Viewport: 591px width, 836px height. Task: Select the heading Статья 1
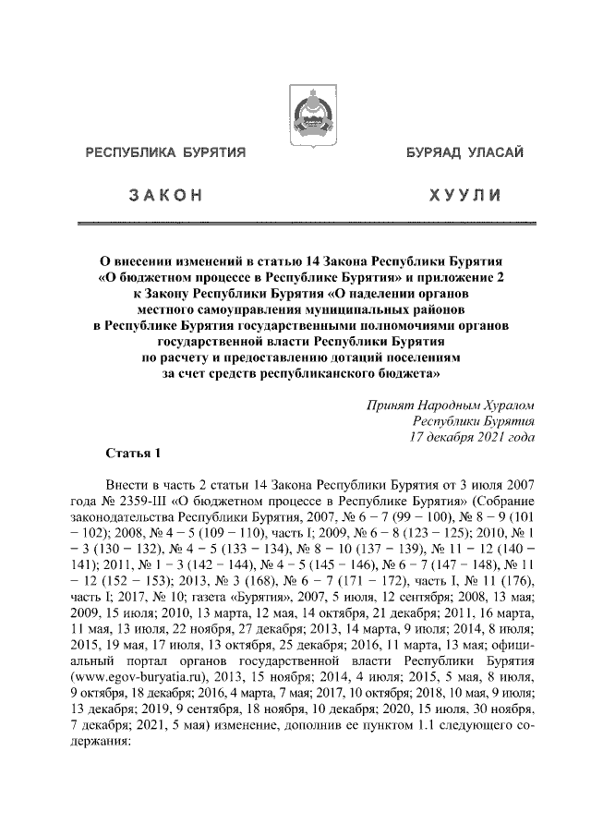pos(135,454)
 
